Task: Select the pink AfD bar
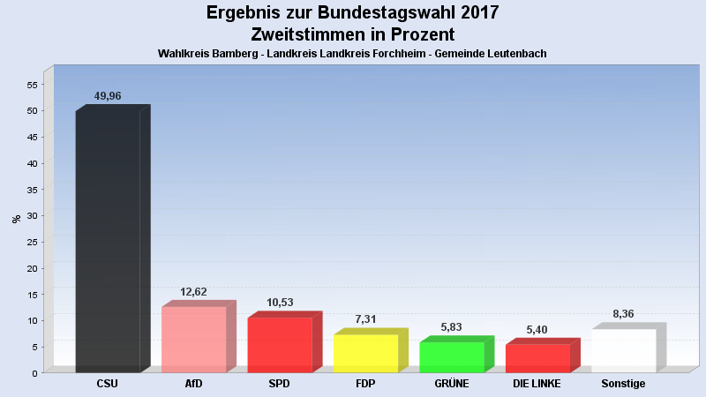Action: (194, 339)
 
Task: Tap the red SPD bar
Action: (280, 344)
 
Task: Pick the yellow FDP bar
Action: (365, 353)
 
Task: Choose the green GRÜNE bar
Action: (451, 356)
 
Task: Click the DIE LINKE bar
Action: (537, 357)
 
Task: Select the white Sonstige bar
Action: (623, 350)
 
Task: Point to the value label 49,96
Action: (108, 96)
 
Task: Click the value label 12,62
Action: (194, 292)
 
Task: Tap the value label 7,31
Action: (365, 320)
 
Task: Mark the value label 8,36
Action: (623, 313)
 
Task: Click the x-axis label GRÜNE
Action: (451, 384)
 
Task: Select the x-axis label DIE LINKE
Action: (537, 384)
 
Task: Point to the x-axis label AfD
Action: (194, 384)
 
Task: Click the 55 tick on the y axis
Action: (31, 85)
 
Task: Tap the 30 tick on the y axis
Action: (31, 215)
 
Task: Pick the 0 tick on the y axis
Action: (34, 372)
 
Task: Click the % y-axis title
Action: (16, 218)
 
